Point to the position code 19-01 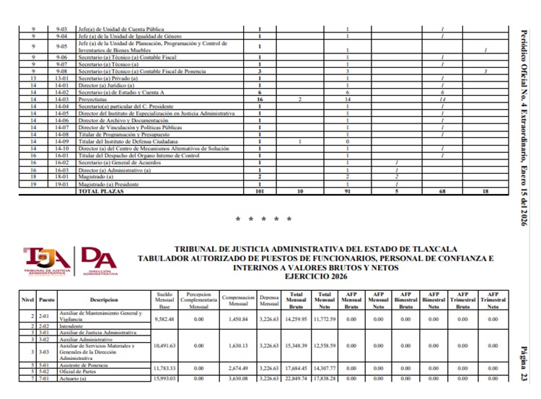point(61,185)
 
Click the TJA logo point(48,261)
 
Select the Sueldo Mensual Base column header point(165,299)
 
